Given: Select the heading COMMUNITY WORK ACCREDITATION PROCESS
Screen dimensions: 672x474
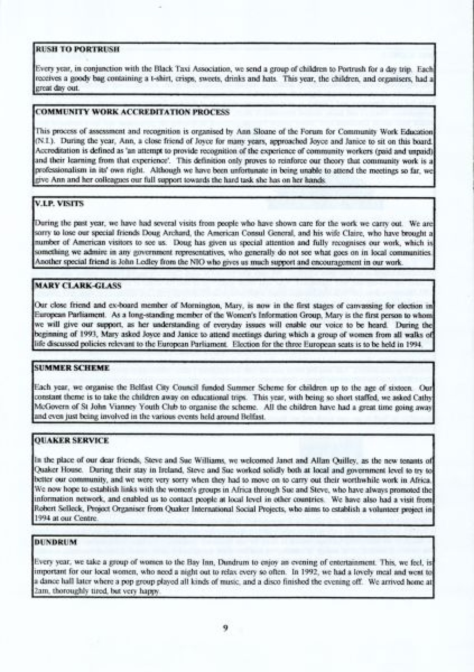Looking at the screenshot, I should (x=132, y=112).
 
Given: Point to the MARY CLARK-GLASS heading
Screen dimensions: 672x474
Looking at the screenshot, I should (x=78, y=285).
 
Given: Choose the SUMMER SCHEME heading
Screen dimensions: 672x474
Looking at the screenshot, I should (x=72, y=368).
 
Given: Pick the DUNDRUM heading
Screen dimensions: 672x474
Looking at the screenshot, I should (x=55, y=542).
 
